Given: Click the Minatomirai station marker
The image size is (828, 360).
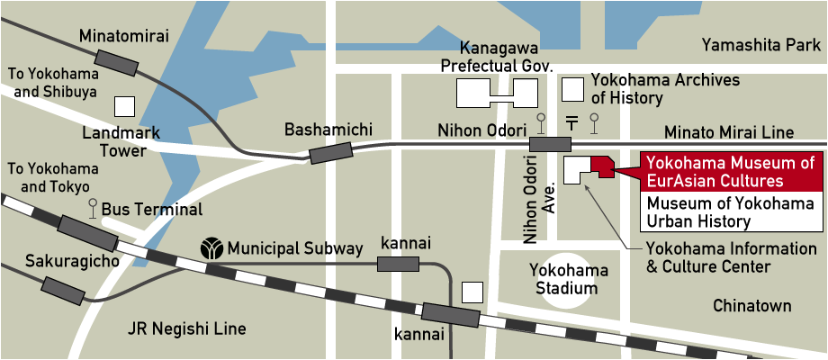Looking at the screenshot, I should click(117, 62).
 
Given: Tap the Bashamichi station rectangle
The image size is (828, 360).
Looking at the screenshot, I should click(328, 151).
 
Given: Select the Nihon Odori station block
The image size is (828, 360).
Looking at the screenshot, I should click(550, 144).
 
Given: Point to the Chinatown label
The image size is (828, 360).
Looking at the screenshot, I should click(751, 306).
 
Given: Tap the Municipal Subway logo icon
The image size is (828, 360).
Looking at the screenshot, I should click(212, 247).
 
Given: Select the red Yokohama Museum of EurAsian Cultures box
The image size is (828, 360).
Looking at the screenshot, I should click(730, 172).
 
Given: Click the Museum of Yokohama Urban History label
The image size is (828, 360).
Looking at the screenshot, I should click(730, 211).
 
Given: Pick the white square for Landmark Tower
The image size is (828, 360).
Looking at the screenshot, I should click(124, 106).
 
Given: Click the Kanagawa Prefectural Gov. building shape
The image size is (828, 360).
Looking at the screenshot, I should click(496, 92).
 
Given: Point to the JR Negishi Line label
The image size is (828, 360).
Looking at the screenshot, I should click(187, 328).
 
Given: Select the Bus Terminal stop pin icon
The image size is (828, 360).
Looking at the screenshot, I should click(93, 209).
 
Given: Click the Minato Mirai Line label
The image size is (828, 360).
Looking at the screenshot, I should click(729, 132).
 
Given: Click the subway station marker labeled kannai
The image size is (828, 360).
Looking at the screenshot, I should click(398, 264).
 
